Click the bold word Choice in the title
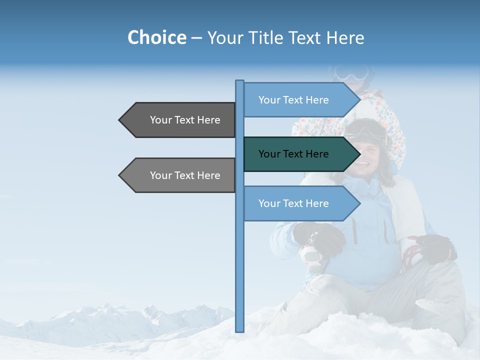pyautogui.click(x=156, y=37)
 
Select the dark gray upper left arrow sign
pyautogui.click(x=180, y=120)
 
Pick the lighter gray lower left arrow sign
pyautogui.click(x=180, y=175)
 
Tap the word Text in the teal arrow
pyautogui.click(x=294, y=154)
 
